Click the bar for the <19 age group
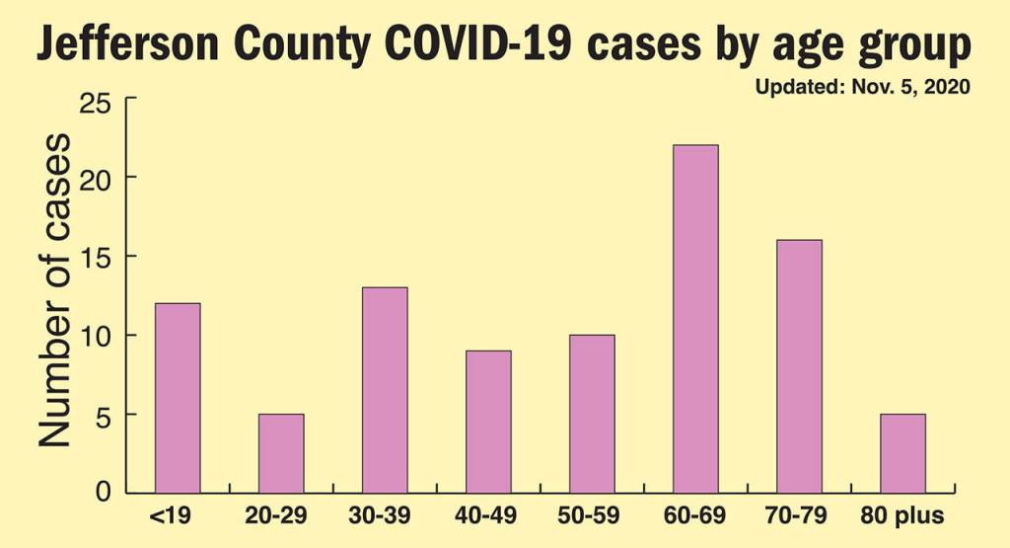[x=178, y=397]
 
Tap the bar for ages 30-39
[x=385, y=389]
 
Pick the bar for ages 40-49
[x=488, y=421]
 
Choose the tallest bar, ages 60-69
[x=695, y=318]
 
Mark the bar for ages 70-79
[x=799, y=365]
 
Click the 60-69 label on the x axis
[x=695, y=515]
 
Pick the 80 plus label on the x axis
[x=902, y=515]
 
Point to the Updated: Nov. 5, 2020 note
[x=863, y=87]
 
